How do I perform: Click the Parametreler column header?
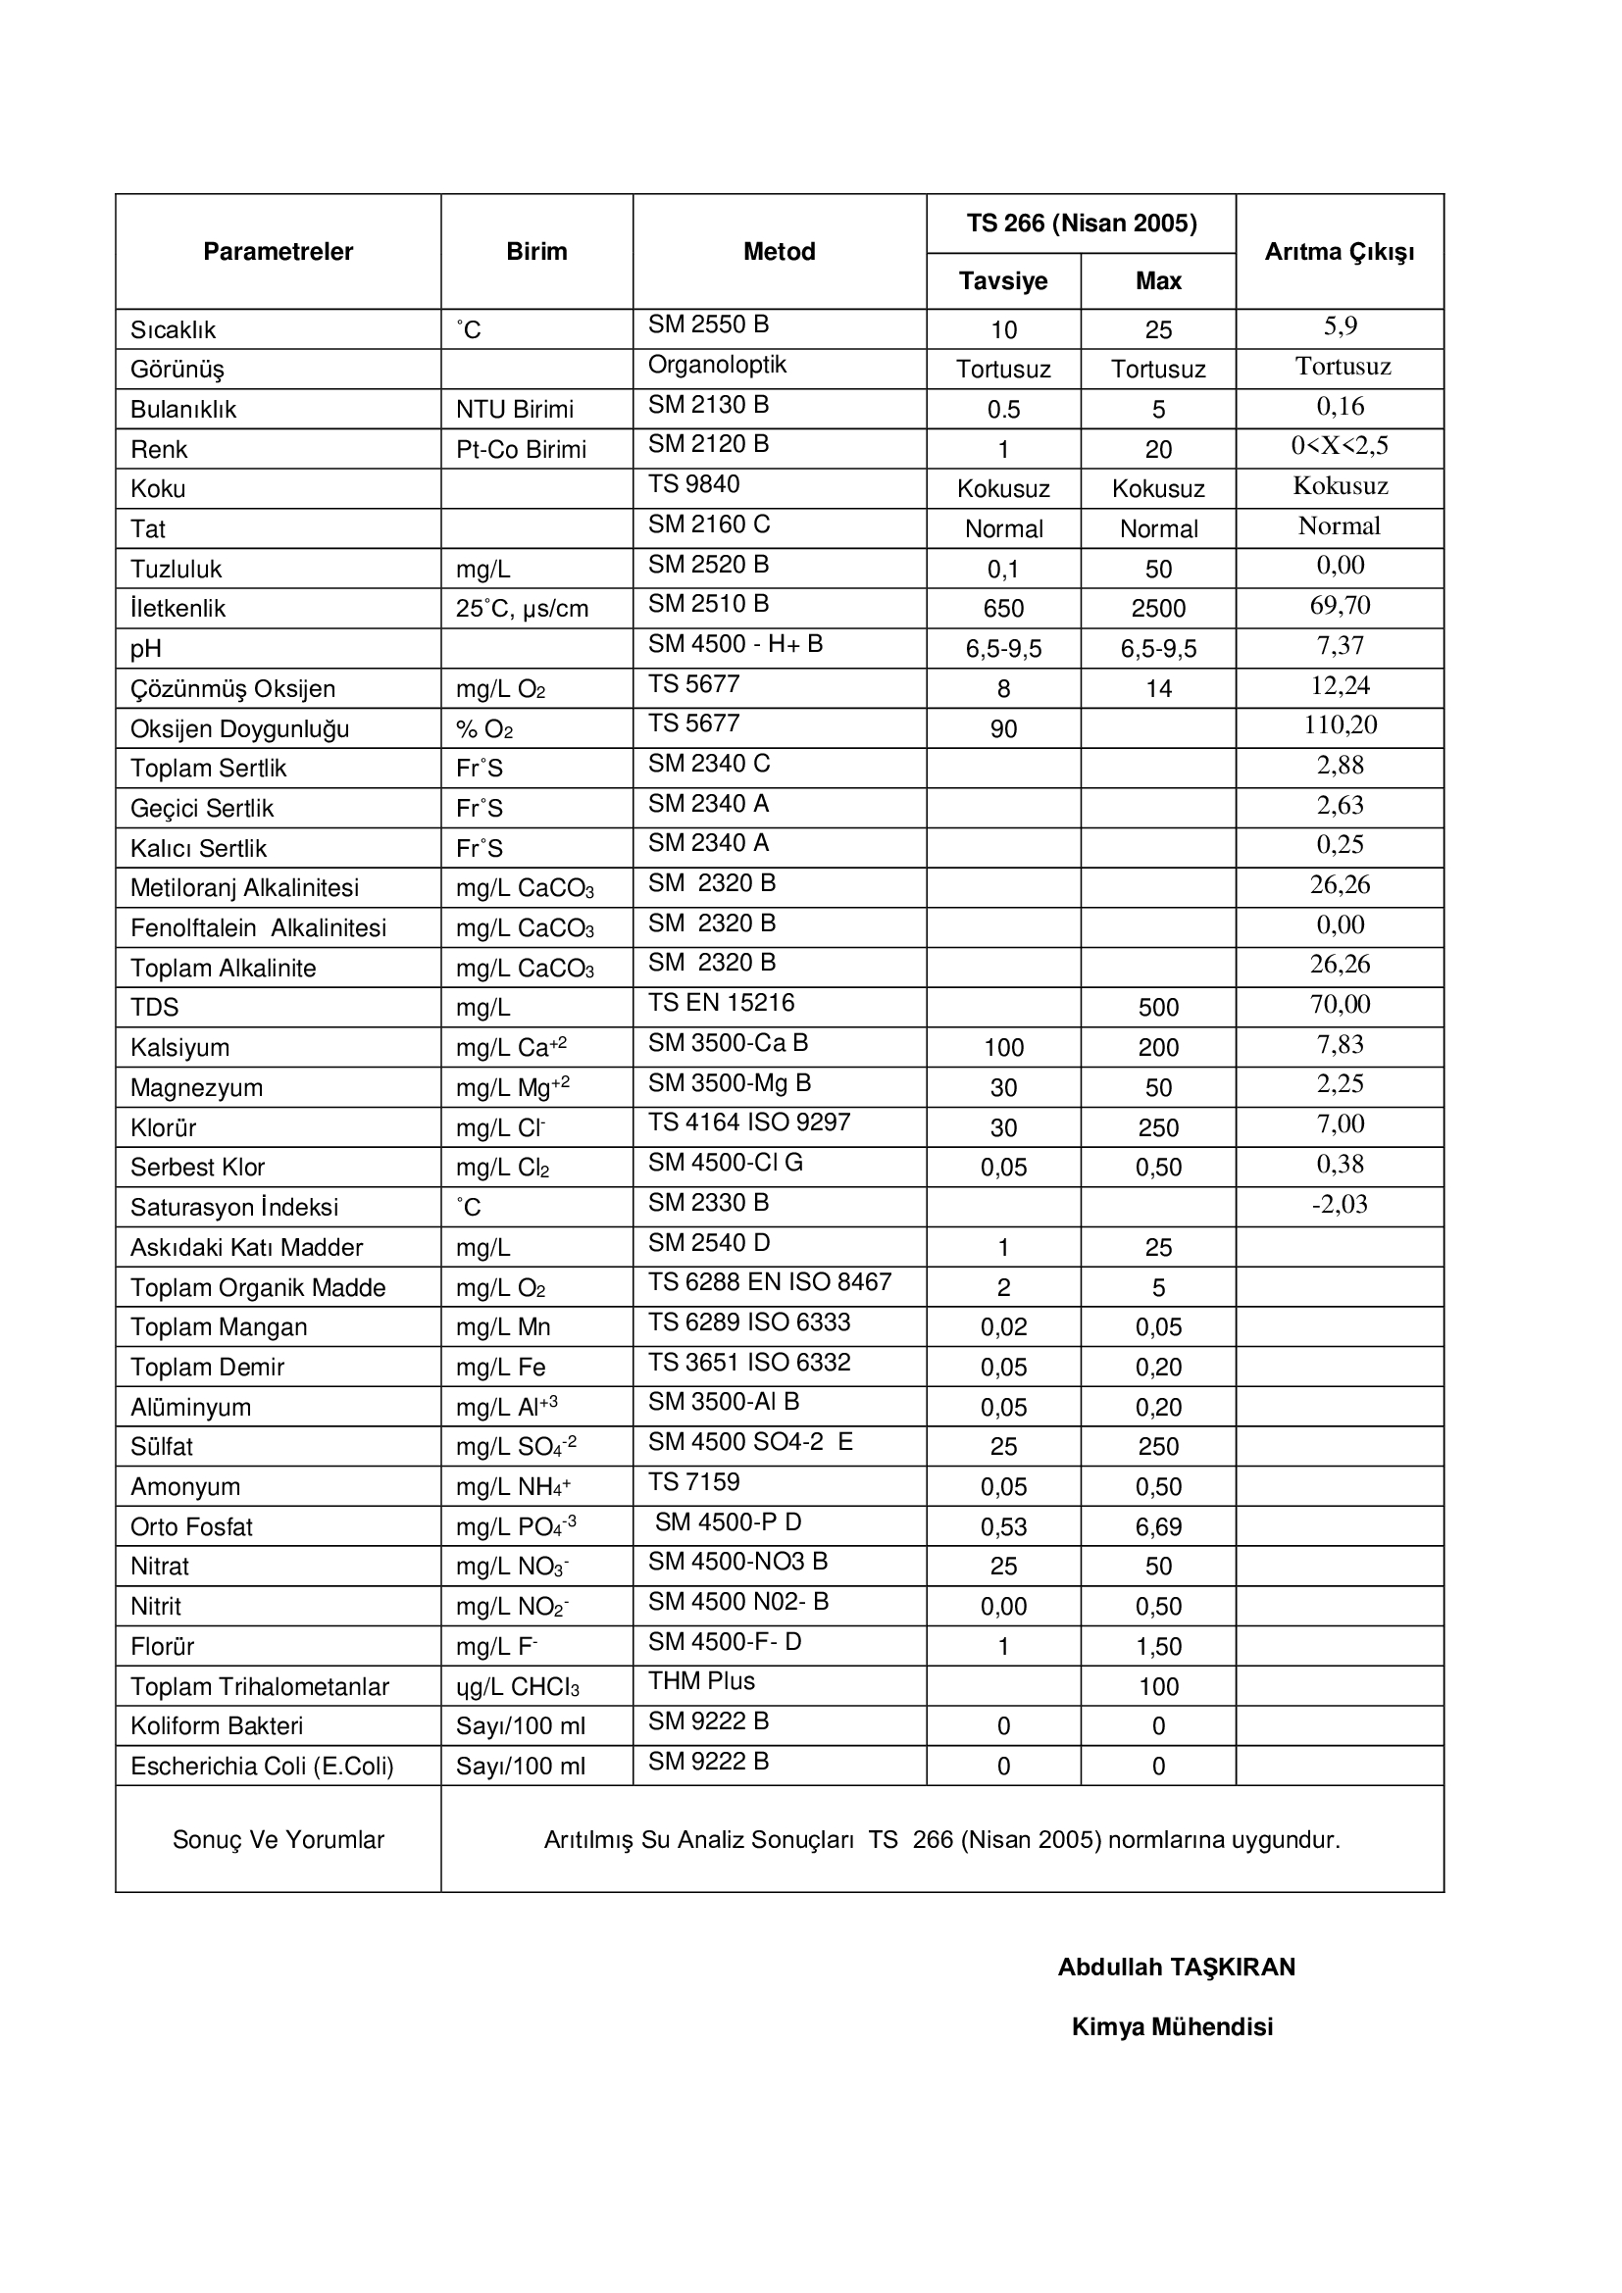pyautogui.click(x=278, y=252)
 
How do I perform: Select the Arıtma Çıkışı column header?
pyautogui.click(x=1339, y=252)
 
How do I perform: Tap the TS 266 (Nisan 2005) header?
pyautogui.click(x=1081, y=223)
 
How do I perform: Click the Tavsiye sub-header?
pyautogui.click(x=1003, y=280)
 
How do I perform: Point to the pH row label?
pyautogui.click(x=146, y=649)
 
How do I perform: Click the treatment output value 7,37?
pyautogui.click(x=1340, y=645)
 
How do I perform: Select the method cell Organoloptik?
pyautogui.click(x=716, y=366)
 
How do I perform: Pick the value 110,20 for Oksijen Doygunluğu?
pyautogui.click(x=1340, y=725)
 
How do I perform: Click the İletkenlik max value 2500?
pyautogui.click(x=1157, y=609)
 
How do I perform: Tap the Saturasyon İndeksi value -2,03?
pyautogui.click(x=1340, y=1205)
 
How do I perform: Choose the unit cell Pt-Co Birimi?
pyautogui.click(x=521, y=449)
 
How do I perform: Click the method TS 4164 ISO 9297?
pyautogui.click(x=748, y=1122)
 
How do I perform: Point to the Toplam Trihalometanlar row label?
pyautogui.click(x=259, y=1687)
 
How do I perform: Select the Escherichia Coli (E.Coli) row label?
pyautogui.click(x=262, y=1767)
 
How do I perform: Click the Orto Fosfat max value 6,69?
pyautogui.click(x=1157, y=1527)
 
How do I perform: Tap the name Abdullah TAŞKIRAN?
pyautogui.click(x=1176, y=1968)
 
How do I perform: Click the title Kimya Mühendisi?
pyautogui.click(x=1172, y=2026)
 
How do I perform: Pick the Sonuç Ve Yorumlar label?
pyautogui.click(x=278, y=1839)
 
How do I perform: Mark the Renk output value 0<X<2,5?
pyautogui.click(x=1340, y=445)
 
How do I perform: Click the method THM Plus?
pyautogui.click(x=701, y=1682)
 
